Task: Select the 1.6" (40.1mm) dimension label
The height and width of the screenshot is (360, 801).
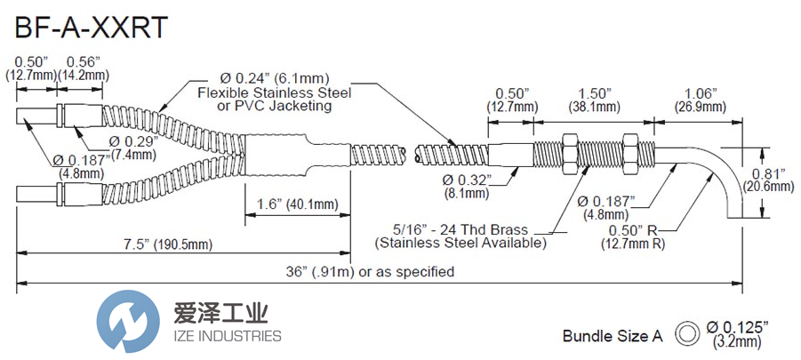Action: [290, 205]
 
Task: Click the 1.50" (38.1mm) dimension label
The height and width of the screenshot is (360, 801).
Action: [583, 99]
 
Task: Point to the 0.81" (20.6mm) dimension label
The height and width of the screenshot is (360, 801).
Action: [768, 180]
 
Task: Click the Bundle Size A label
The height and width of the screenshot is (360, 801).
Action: [613, 336]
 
